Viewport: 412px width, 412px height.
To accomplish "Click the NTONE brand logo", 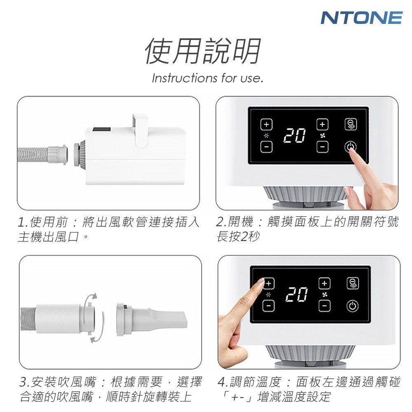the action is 362,18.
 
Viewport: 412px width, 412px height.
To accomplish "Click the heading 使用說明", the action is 203,51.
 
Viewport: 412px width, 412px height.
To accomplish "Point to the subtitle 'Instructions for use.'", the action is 208,78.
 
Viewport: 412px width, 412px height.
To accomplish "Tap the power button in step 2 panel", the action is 351,147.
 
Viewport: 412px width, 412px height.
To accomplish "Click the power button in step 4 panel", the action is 352,306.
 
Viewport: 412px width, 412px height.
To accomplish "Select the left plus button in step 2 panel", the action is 266,124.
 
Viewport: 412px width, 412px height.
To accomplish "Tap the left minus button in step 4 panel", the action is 268,306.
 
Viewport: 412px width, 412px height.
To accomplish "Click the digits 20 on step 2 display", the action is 295,136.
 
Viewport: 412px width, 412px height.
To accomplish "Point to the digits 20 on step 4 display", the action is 297,294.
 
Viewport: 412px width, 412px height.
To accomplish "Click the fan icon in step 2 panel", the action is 323,136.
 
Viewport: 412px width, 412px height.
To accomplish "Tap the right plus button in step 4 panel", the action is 325,283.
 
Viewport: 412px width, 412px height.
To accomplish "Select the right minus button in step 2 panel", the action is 323,147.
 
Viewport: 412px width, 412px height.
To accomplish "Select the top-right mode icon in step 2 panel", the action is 351,124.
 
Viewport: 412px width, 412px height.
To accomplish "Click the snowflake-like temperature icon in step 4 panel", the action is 268,295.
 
